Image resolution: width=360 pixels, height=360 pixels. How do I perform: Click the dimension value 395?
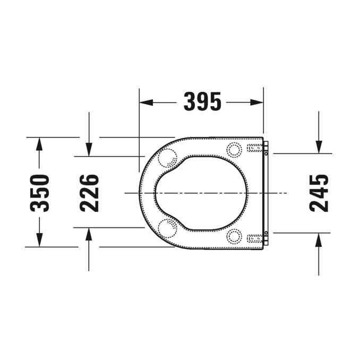[202, 101]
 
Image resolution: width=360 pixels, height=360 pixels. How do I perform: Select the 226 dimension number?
[89, 192]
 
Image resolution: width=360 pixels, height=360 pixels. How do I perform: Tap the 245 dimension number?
[319, 192]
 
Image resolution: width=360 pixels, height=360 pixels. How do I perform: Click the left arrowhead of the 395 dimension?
[144, 102]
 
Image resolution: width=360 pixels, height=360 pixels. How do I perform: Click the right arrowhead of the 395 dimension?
[259, 102]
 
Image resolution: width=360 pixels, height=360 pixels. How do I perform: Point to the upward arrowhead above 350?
[39, 142]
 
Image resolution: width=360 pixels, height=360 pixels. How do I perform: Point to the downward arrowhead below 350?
[39, 242]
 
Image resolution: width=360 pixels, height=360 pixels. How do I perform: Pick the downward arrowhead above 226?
[89, 151]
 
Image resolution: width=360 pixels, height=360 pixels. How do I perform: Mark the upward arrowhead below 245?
[318, 238]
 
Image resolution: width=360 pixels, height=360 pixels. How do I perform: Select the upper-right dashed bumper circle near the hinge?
[234, 150]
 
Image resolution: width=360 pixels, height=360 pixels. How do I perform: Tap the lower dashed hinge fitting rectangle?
[255, 238]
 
